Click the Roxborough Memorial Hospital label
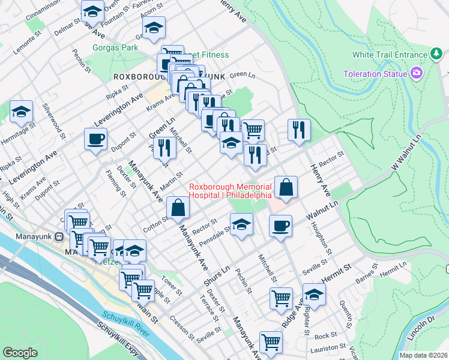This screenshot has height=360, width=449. click(x=231, y=191)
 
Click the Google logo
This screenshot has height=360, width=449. click(x=20, y=353)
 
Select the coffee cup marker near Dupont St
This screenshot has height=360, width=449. click(x=96, y=140)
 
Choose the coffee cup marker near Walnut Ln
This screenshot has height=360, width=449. click(x=280, y=226)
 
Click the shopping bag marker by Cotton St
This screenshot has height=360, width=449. click(x=178, y=208)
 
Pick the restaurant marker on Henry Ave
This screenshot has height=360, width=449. click(x=298, y=130)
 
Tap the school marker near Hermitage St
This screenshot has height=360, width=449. click(x=21, y=111)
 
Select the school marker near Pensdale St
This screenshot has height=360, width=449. click(x=241, y=225)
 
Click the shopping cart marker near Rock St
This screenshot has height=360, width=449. click(x=271, y=342)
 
